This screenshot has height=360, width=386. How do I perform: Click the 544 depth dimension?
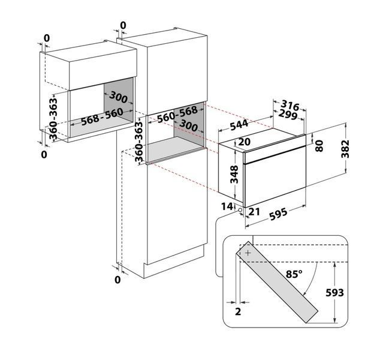(x=239, y=125)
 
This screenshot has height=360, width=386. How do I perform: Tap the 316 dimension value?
(x=290, y=105)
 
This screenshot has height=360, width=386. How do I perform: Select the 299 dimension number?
(x=288, y=115)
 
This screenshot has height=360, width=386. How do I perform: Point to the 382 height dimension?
(x=345, y=149)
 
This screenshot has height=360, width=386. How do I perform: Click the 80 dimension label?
(x=319, y=146)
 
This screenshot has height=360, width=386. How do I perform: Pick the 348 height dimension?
(x=234, y=174)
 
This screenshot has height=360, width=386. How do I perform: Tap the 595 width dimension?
(x=278, y=214)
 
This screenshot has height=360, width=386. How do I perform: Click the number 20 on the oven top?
(x=244, y=142)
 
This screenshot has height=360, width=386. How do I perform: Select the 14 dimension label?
(x=227, y=206)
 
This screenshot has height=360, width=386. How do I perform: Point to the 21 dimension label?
(x=254, y=211)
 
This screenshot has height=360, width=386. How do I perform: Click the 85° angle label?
(x=294, y=274)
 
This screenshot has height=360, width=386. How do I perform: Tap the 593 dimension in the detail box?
(x=334, y=292)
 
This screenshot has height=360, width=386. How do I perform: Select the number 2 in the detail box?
(x=238, y=311)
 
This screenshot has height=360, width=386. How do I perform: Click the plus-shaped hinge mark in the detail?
(x=248, y=253)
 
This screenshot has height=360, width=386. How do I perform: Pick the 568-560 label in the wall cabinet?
(x=102, y=117)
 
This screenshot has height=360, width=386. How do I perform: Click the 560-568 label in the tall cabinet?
(x=177, y=115)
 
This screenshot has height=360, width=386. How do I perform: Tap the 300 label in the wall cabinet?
(x=118, y=97)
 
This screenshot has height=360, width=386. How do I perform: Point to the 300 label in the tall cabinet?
(x=189, y=125)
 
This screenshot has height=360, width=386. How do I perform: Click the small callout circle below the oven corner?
(x=240, y=210)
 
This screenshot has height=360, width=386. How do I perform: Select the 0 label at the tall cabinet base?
(x=117, y=280)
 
